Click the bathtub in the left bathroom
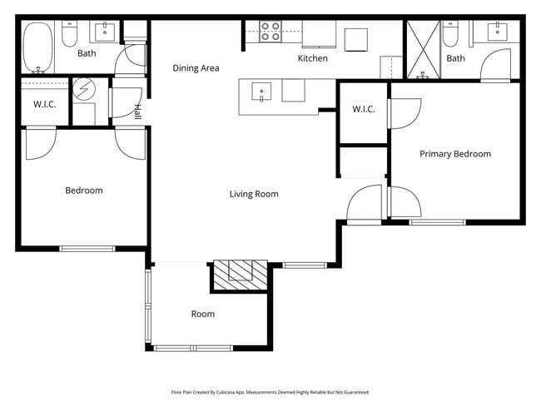pyautogui.click(x=37, y=47)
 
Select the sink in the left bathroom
pyautogui.click(x=106, y=32)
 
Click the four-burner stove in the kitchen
pyautogui.click(x=270, y=32)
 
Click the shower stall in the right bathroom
pyautogui.click(x=423, y=50)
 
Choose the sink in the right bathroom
pyautogui.click(x=501, y=32)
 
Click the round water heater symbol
pyautogui.click(x=85, y=88)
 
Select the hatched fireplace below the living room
pyautogui.click(x=240, y=274)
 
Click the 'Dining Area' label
pyautogui.click(x=196, y=68)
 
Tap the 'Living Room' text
pyautogui.click(x=254, y=194)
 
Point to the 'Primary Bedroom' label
pyautogui.click(x=454, y=154)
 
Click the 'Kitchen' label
pyautogui.click(x=313, y=58)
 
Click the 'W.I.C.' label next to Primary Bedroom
pyautogui.click(x=364, y=110)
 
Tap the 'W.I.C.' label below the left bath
pyautogui.click(x=44, y=104)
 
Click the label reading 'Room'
pyautogui.click(x=202, y=314)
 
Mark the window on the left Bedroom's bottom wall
pyautogui.click(x=87, y=248)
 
